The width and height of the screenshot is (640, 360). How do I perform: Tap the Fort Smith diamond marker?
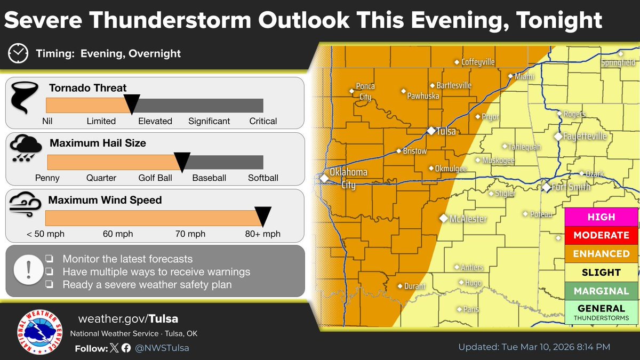click(546, 188)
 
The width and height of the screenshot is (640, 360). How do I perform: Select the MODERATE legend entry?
click(601, 235)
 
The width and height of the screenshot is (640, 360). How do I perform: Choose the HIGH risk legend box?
click(601, 217)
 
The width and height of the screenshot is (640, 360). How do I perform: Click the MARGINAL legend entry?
click(601, 291)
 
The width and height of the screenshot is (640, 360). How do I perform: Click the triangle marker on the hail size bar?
click(182, 161)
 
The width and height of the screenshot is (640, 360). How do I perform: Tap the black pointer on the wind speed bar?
click(263, 216)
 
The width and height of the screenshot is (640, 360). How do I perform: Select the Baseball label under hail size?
click(209, 178)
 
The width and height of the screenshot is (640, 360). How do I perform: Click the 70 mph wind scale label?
click(190, 234)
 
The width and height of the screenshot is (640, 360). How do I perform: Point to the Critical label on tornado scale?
click(263, 121)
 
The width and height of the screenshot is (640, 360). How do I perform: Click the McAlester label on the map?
click(468, 219)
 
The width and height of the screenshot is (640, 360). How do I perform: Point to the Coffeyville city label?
click(478, 62)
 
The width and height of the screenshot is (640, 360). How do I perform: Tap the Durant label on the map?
click(415, 286)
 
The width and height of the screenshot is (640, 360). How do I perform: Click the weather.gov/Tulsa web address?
click(128, 319)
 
